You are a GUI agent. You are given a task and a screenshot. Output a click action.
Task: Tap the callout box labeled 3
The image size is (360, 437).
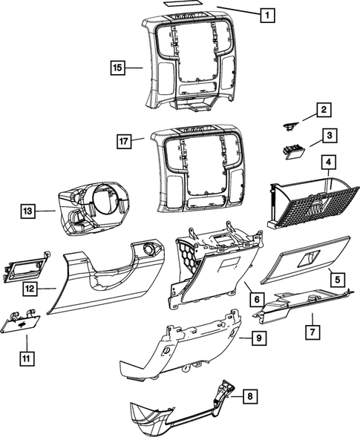coord(323,136)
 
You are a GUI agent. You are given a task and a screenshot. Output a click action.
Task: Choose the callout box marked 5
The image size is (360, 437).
coord(336,280)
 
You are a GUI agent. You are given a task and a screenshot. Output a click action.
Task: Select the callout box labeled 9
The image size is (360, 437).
coord(258,338)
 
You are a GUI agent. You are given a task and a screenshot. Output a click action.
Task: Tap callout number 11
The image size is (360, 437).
coord(26,359)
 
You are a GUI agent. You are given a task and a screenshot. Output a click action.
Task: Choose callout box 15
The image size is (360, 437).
coord(117,68)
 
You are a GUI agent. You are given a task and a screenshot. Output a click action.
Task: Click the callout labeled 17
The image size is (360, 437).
coord(125,139)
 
